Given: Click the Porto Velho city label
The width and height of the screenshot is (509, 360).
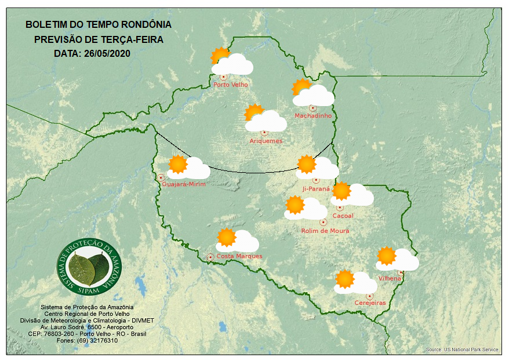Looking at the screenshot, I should (x=231, y=85).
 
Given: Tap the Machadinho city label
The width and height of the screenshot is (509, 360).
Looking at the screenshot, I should (x=313, y=116).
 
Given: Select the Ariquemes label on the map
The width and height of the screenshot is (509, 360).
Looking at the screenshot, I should (x=266, y=141).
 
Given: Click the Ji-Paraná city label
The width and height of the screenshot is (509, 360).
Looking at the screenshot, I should (x=316, y=188).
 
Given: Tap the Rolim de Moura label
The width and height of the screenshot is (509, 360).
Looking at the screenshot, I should (x=325, y=231).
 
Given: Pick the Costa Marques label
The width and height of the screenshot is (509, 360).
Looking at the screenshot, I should (x=239, y=256).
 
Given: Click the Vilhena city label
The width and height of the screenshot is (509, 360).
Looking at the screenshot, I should (x=390, y=278).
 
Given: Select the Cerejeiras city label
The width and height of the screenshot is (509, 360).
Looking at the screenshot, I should (x=370, y=303).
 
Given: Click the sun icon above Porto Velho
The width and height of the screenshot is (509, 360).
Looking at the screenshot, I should (x=220, y=56).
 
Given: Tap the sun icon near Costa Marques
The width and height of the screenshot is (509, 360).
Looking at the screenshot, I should (x=226, y=237).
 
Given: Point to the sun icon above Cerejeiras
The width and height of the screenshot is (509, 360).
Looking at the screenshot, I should (x=345, y=279).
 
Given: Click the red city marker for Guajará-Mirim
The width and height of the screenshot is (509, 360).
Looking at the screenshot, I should (x=161, y=177).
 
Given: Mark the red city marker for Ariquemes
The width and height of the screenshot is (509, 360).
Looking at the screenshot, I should (x=264, y=133).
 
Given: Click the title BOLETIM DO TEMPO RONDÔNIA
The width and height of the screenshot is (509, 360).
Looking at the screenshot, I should (x=99, y=25).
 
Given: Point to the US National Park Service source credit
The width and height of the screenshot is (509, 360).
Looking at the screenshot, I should (x=462, y=350).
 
